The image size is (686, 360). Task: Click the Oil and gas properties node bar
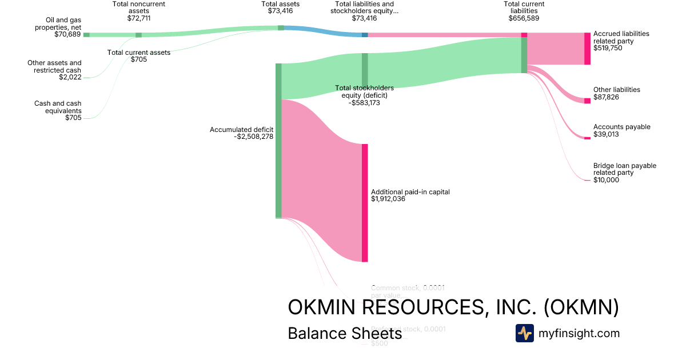point(86,35)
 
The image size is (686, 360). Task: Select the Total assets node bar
point(281,27)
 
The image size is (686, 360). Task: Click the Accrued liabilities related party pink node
point(587,49)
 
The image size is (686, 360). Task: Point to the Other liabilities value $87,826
point(606,98)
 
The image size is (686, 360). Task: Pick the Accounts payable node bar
point(587,138)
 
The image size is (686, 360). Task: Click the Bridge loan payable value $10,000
point(606,180)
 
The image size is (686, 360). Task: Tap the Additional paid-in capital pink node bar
point(365,203)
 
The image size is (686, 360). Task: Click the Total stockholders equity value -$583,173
point(364,103)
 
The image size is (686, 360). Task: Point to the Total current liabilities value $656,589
point(524,18)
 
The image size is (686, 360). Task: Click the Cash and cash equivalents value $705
point(73,118)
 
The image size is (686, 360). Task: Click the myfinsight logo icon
point(524,333)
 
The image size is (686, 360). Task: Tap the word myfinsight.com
point(579,333)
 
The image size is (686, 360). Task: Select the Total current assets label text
point(139,53)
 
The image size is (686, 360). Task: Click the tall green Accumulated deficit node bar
point(278,141)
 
